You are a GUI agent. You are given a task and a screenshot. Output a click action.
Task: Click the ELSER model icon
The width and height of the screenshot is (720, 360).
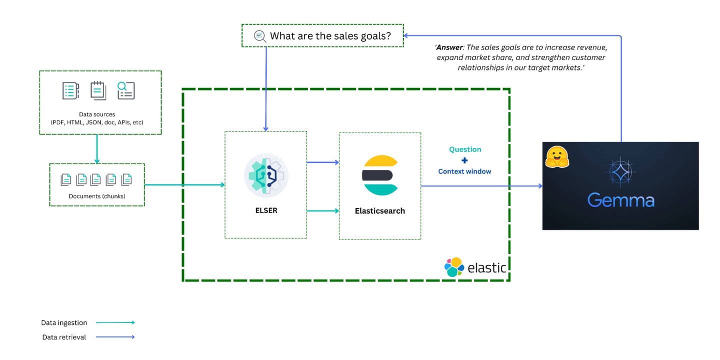click(x=265, y=175)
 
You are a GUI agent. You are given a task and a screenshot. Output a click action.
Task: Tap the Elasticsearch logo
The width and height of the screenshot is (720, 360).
click(x=380, y=175)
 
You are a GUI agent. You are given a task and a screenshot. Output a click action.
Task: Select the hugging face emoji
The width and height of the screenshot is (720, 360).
click(x=557, y=156)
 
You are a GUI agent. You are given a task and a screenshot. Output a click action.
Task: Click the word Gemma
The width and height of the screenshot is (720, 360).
click(x=620, y=200)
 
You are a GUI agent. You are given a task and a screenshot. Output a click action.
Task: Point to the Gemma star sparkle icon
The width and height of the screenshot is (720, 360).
click(x=620, y=171)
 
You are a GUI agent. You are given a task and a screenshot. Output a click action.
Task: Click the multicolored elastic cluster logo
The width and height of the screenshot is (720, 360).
click(x=454, y=267)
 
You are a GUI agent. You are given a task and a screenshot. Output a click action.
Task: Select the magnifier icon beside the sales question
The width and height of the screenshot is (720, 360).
click(x=259, y=35)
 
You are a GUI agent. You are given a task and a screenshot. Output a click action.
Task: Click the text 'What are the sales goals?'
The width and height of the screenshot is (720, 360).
click(x=330, y=36)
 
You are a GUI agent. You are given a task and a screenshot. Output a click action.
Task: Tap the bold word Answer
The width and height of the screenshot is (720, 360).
click(x=450, y=47)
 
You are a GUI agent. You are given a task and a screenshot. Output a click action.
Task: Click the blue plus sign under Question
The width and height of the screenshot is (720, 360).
click(x=464, y=160)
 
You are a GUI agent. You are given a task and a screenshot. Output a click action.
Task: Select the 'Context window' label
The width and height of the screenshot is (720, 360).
click(x=464, y=171)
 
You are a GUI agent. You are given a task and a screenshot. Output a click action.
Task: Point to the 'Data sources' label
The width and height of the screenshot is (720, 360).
click(x=97, y=114)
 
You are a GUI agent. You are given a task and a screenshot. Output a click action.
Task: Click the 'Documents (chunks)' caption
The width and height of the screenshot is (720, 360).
click(x=97, y=196)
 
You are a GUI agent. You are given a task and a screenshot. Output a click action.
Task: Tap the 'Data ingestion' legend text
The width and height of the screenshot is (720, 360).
click(x=64, y=323)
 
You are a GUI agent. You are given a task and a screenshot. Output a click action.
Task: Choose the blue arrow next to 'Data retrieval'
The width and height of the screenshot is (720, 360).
click(x=115, y=337)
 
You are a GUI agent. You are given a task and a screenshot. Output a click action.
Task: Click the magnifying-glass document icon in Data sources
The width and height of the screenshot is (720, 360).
click(x=125, y=90)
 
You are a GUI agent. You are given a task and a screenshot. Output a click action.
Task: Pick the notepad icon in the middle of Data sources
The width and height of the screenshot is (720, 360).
click(x=98, y=90)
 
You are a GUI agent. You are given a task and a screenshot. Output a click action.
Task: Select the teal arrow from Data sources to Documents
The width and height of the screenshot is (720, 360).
click(x=97, y=148)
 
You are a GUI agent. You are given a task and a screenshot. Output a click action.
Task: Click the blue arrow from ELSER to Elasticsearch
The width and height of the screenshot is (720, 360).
click(x=322, y=162)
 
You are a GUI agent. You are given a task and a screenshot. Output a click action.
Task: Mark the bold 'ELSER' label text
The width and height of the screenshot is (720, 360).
click(x=265, y=210)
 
